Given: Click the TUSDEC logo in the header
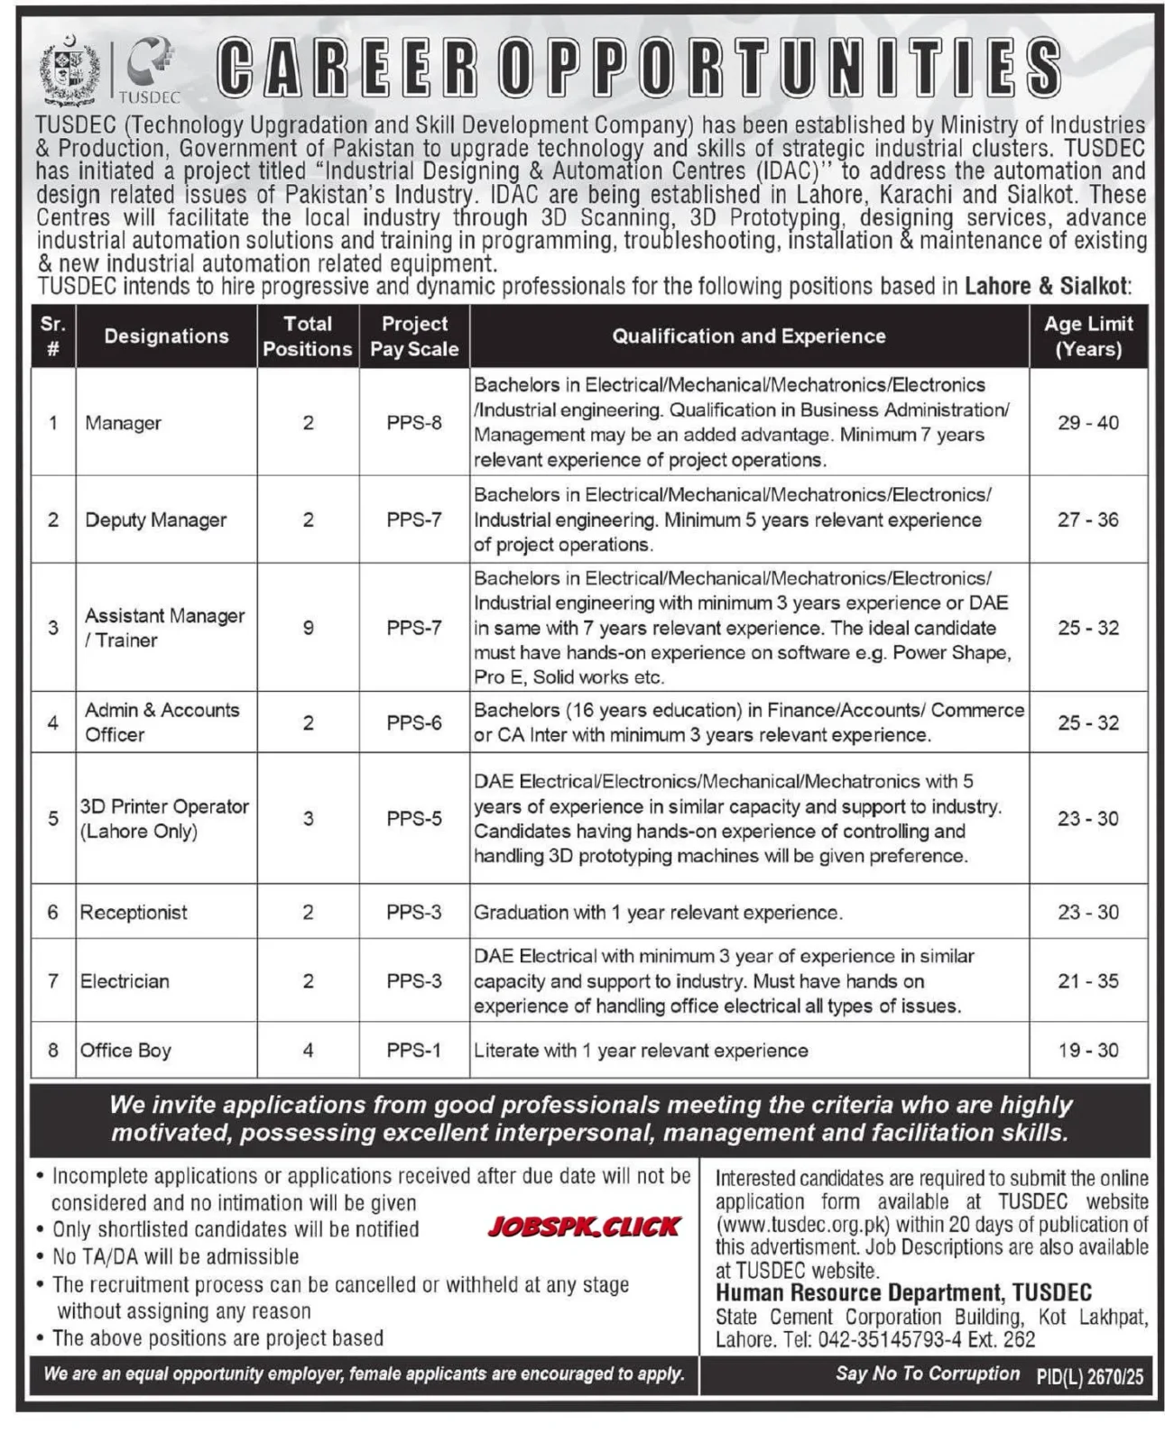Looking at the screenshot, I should coord(149,69).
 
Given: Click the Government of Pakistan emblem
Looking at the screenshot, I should coord(69,70).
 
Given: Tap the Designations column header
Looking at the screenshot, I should coord(166,336).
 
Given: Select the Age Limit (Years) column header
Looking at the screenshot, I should coord(1088,336).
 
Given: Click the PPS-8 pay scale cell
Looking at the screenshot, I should coord(414,422).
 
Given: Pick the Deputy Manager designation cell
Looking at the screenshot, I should coord(155,519).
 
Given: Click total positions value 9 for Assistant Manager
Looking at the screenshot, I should coord(308,628).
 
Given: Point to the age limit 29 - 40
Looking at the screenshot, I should coord(1088,422).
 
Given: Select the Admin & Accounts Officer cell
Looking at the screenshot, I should coord(162,722).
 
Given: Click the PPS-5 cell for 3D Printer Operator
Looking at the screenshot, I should coord(414,819).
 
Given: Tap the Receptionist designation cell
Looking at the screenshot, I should coord(134,913).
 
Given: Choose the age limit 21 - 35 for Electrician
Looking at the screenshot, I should coord(1088,981).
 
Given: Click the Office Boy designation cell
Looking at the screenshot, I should coord(125,1051).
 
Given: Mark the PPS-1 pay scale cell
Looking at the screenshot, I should coord(414,1051).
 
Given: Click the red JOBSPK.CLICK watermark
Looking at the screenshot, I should coord(584,1227).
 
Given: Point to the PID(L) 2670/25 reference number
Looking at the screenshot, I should coord(1089,1376).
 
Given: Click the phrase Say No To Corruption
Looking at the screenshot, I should coord(927,1374).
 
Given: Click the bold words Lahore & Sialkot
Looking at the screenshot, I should coord(1047,287).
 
